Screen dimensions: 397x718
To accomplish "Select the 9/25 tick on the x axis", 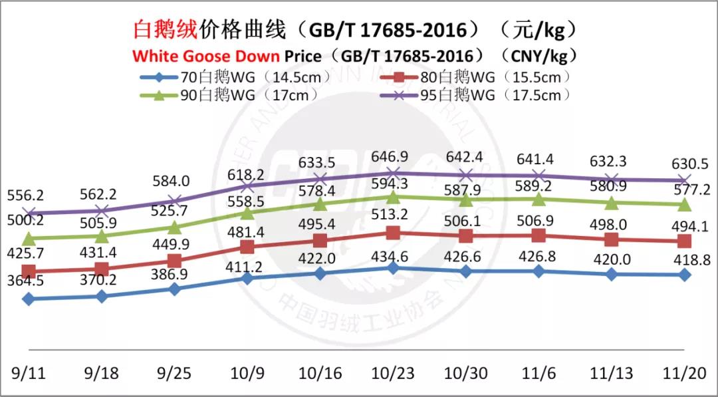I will pyautogui.click(x=174, y=372).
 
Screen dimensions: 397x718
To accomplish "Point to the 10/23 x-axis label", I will pyautogui.click(x=392, y=372).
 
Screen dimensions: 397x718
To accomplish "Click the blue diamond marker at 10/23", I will pyautogui.click(x=393, y=267).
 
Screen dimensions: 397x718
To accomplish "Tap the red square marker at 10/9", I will pyautogui.click(x=247, y=247).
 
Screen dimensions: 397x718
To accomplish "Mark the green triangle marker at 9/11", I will pyautogui.click(x=28, y=238).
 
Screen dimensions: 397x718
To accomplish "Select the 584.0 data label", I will pyautogui.click(x=174, y=181).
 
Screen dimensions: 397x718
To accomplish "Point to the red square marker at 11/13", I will pyautogui.click(x=612, y=240).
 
